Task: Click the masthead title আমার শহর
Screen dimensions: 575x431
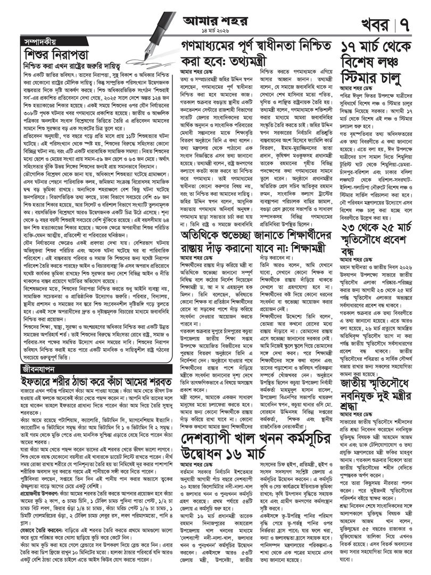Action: tap(215, 18)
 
